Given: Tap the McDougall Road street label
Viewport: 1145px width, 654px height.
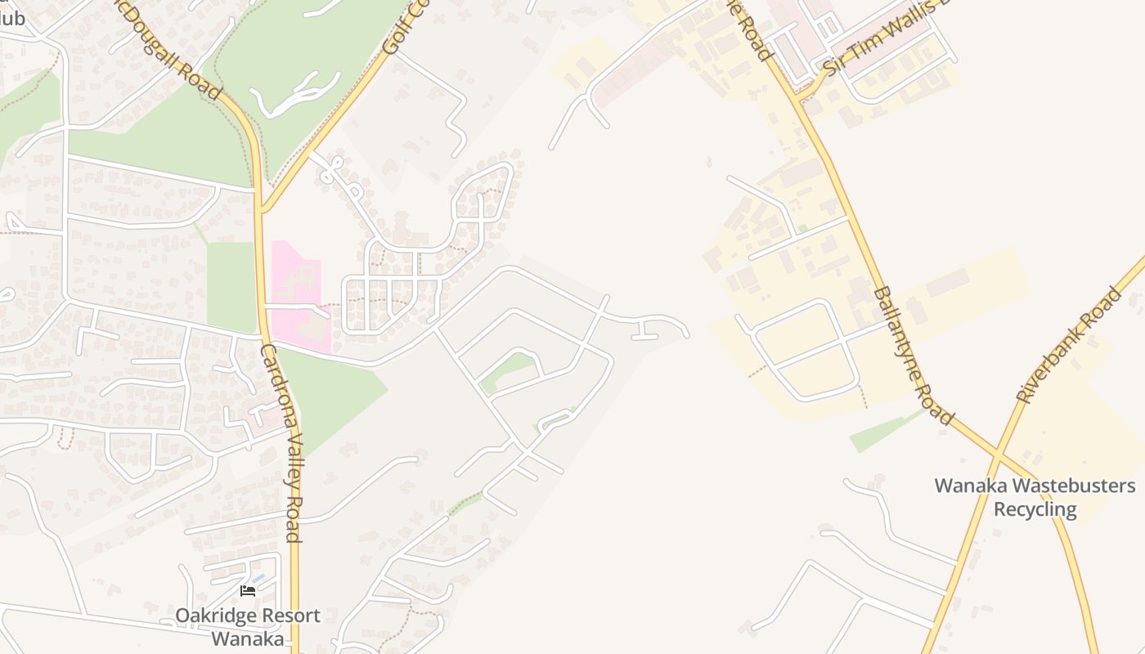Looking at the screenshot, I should (x=168, y=49).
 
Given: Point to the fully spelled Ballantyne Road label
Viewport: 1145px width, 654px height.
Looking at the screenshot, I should (x=913, y=356).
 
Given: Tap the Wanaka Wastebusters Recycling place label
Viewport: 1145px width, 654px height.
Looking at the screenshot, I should (x=1035, y=497).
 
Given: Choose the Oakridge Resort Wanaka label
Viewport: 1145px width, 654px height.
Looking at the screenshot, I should (x=248, y=626).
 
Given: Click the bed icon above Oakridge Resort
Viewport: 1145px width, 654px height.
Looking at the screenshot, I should (x=248, y=591).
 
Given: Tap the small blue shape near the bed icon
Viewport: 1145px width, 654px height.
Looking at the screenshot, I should (x=258, y=579).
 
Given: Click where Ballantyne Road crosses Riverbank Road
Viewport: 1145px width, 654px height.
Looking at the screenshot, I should (x=998, y=451).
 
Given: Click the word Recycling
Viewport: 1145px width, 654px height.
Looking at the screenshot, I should (x=1035, y=509).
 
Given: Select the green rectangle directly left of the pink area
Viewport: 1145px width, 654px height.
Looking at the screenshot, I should (x=231, y=286).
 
